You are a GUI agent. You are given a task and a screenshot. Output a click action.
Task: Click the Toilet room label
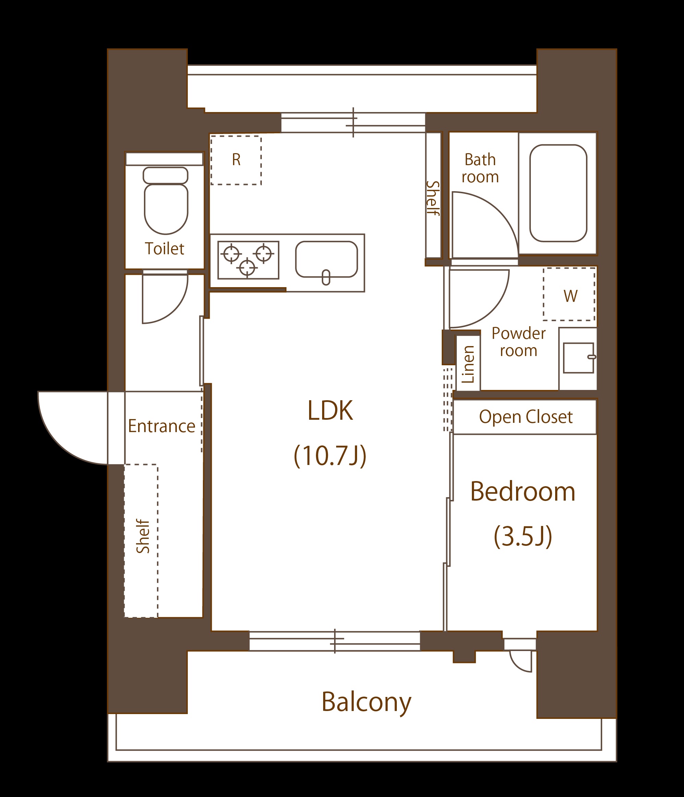point(164,248)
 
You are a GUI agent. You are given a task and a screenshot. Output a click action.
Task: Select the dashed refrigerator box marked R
point(236,160)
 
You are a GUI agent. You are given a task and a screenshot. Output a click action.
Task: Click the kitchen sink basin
point(326,259)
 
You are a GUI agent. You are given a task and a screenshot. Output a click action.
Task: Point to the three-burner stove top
point(248,260)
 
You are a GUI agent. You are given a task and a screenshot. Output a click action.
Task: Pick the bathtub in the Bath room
point(558,193)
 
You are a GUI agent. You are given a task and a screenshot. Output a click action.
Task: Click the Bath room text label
point(480,168)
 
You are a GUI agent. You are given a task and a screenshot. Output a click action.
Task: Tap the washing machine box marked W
point(569,294)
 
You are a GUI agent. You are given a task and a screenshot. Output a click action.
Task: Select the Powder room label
point(518,342)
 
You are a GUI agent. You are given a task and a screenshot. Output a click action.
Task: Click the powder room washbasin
point(578,358)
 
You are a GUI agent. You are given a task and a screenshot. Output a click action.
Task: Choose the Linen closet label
point(468,364)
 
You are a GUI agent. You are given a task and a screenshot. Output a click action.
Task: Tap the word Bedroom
point(523,492)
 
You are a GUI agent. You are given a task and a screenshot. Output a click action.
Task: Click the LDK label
point(330,410)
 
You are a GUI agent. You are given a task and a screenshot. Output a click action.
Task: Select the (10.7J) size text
point(330,456)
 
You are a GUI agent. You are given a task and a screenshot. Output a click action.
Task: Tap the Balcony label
point(366,702)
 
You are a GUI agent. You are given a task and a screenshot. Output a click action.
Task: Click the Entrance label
point(161,426)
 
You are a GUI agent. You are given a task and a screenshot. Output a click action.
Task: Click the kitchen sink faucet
point(326,278)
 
